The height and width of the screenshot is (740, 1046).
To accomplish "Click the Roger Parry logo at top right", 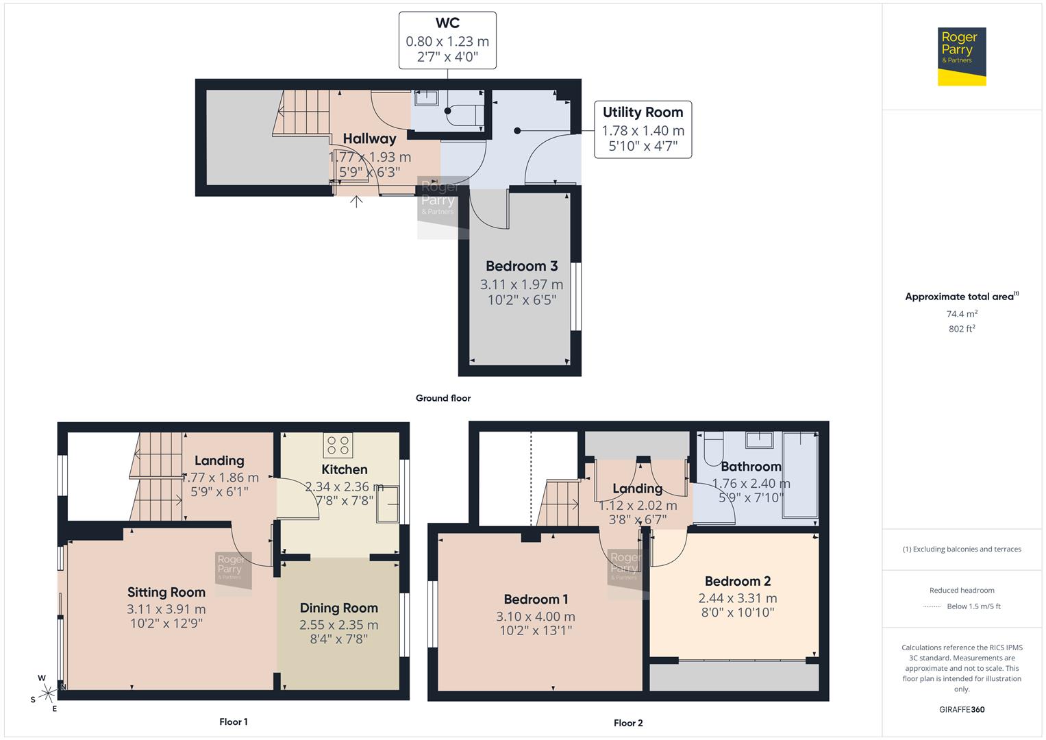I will (961, 56).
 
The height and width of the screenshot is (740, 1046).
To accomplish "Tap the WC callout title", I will (447, 23).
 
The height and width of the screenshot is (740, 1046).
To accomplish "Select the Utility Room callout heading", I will (643, 112).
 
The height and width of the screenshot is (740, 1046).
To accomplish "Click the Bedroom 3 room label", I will (521, 266).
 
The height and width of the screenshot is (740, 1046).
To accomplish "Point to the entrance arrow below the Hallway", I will (356, 201).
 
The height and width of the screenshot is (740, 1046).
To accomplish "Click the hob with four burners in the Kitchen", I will (338, 445).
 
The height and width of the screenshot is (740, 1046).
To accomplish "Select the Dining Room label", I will (338, 608).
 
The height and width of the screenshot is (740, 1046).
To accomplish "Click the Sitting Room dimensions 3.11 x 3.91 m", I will (166, 609).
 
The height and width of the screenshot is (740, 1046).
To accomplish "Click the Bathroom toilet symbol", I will (713, 445).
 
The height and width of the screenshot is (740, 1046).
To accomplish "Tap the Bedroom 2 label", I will (737, 581).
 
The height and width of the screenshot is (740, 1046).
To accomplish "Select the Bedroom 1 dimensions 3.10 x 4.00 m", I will (536, 617).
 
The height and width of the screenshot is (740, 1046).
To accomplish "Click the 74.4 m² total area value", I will (961, 314).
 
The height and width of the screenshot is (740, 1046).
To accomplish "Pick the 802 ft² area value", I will (961, 329).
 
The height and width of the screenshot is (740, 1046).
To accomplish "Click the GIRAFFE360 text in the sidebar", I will (961, 709).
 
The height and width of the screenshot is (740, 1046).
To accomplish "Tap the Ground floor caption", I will (443, 398).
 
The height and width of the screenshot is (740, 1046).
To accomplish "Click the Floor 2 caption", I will (627, 723).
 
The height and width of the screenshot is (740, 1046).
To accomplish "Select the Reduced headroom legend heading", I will (961, 590).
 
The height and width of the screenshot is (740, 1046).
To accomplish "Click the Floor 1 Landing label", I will (219, 460).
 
